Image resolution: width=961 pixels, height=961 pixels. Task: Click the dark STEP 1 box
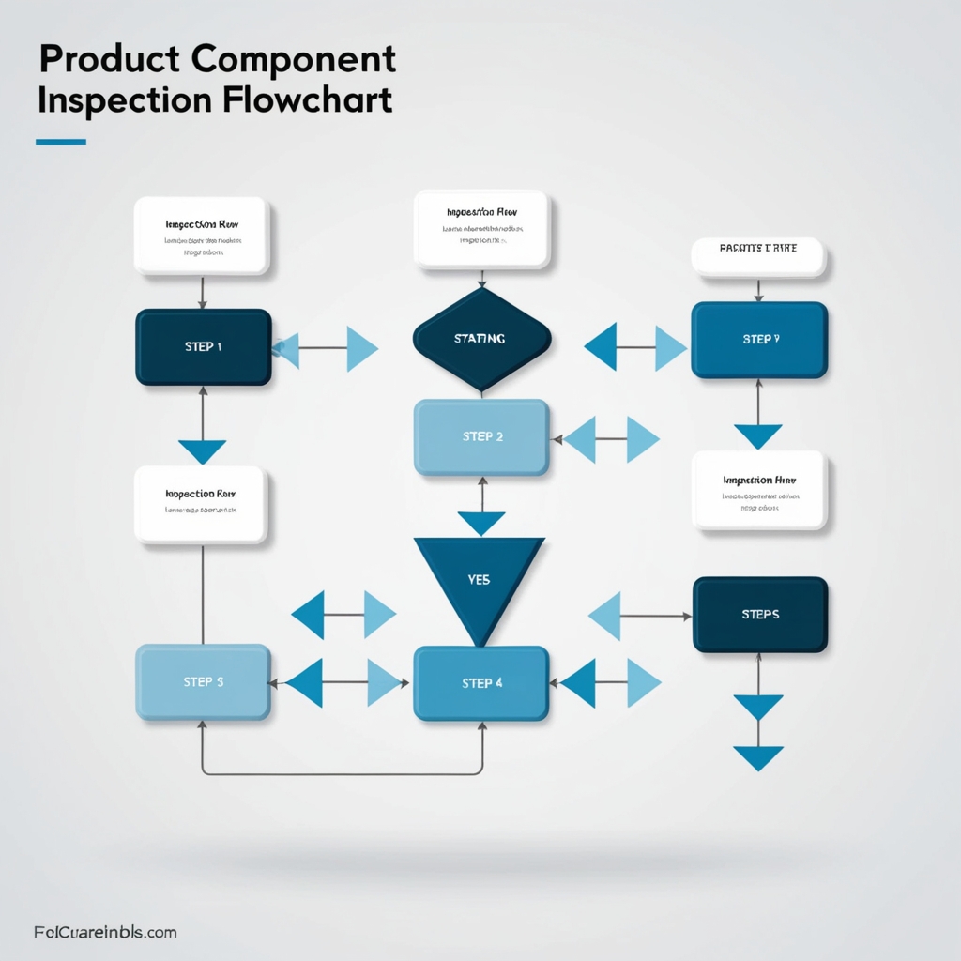(x=204, y=347)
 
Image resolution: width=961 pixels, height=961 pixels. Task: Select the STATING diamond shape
(x=481, y=339)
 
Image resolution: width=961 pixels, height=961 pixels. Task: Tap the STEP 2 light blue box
(x=481, y=436)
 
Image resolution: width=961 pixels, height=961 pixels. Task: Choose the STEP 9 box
(x=759, y=339)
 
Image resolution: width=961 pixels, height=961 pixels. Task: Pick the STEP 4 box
(x=481, y=683)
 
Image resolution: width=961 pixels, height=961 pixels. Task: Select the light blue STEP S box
(x=204, y=682)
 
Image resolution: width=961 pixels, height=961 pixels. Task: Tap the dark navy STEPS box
(x=760, y=615)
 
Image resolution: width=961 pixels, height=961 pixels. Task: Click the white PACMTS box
(x=758, y=257)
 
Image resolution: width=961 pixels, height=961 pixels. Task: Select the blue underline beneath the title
(x=61, y=143)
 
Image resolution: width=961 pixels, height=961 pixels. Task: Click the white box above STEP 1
(x=202, y=236)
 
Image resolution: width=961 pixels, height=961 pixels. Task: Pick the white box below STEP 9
(x=759, y=490)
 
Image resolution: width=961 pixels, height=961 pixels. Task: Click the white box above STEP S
(x=201, y=505)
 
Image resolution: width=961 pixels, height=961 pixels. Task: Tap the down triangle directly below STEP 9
(x=758, y=436)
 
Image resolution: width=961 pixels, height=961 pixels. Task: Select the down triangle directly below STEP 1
(x=203, y=451)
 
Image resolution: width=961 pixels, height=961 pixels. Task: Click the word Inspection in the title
(x=114, y=100)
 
